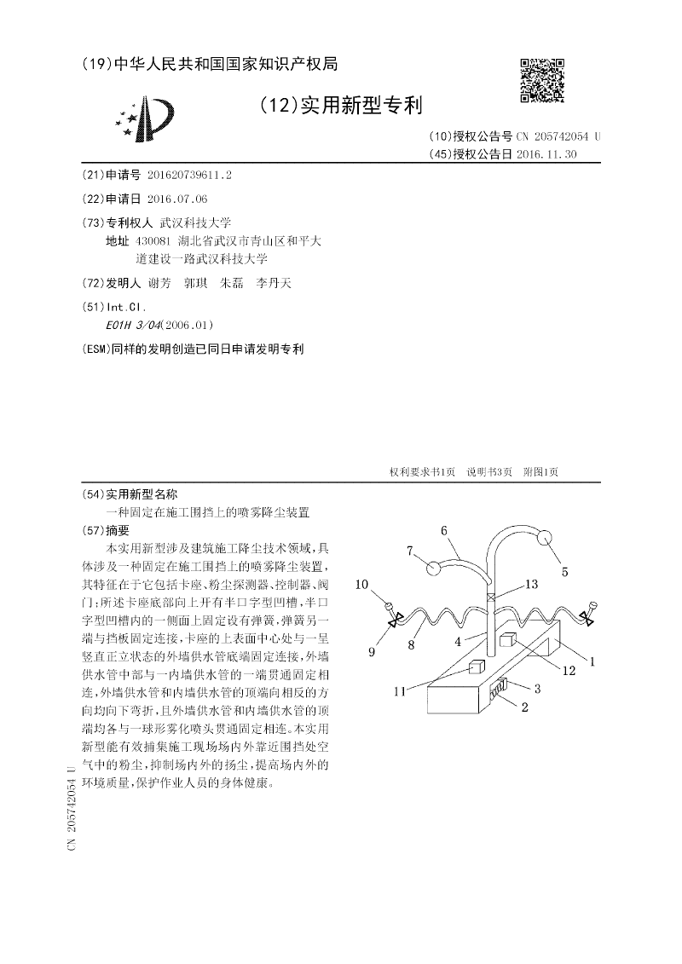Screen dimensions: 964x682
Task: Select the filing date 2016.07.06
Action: [177, 199]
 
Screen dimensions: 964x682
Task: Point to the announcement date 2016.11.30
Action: [552, 154]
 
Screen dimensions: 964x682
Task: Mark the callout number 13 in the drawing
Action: [531, 584]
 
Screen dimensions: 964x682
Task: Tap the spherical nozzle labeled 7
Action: [434, 568]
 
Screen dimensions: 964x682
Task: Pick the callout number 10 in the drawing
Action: [361, 584]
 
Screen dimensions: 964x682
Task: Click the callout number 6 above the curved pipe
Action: [444, 531]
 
